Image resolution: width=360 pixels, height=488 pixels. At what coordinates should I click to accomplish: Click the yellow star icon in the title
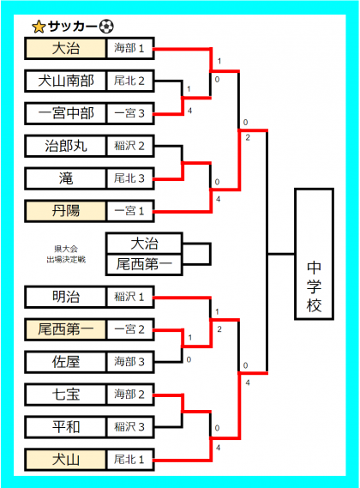pos(39,27)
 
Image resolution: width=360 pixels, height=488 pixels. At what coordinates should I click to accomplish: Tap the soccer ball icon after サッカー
pos(106,27)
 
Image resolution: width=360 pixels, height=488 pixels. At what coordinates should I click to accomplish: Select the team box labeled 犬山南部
pos(66,81)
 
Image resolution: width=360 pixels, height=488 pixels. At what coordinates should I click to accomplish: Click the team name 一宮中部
pos(66,113)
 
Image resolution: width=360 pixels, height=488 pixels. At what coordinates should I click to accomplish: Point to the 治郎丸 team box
pos(66,146)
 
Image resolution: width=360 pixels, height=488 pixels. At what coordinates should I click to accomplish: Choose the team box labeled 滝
pos(66,178)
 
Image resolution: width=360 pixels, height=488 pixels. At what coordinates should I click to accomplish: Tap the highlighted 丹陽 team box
pos(66,211)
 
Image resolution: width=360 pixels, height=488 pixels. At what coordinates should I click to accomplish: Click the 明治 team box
pos(66,297)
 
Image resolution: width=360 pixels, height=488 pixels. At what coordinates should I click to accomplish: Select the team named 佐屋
pos(66,362)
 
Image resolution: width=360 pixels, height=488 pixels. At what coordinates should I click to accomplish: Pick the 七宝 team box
pos(66,395)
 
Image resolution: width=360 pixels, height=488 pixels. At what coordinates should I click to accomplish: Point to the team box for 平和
pos(66,427)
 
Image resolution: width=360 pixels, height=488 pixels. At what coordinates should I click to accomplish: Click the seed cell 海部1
pos(130,48)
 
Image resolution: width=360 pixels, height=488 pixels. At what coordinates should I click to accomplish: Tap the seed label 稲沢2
pos(130,146)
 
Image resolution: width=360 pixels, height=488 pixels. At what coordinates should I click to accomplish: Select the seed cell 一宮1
pos(130,211)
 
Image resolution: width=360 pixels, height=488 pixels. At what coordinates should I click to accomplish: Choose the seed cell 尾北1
pos(130,460)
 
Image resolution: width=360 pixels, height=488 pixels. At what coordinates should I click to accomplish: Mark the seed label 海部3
pos(130,362)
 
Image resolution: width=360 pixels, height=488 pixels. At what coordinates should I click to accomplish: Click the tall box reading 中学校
pos(315,254)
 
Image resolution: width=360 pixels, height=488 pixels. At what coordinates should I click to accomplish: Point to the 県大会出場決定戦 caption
pos(66,254)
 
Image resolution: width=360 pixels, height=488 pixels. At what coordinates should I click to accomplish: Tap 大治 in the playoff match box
pos(144,243)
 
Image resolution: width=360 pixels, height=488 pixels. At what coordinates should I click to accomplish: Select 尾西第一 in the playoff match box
pos(144,264)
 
